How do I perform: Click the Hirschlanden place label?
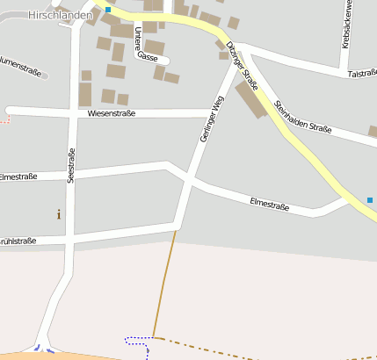point(59,15)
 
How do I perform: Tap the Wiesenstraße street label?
point(112,113)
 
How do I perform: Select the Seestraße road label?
point(71,165)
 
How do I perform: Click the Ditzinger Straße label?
point(242,66)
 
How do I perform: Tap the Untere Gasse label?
point(146,44)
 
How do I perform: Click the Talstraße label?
point(361,75)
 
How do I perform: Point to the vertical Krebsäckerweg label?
point(347,24)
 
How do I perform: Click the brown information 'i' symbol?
point(59,213)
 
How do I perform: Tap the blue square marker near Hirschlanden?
point(108,9)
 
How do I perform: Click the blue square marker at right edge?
point(370,200)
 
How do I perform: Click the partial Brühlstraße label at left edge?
point(18,240)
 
